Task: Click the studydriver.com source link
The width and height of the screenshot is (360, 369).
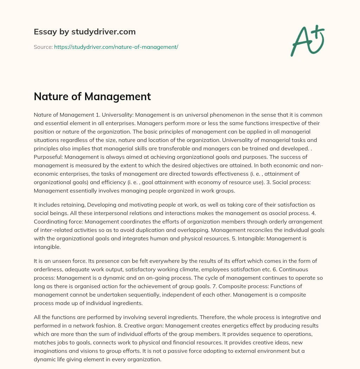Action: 116,47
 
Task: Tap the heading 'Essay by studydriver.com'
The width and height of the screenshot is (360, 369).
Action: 84,32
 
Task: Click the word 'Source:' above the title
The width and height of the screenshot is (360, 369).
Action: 43,47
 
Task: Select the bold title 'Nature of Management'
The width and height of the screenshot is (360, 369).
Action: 92,96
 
